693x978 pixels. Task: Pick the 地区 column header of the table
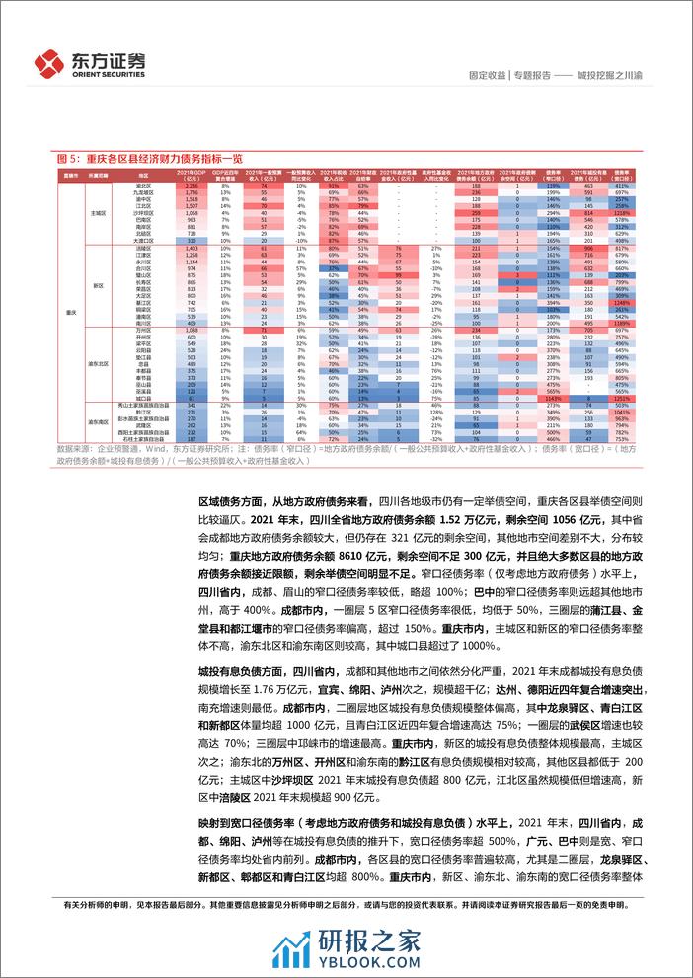click(x=144, y=173)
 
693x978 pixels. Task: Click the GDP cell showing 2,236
click(x=192, y=185)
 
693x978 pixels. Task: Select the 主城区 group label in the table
click(x=99, y=212)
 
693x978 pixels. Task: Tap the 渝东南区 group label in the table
click(x=99, y=421)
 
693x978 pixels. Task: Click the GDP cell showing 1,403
click(x=192, y=248)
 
